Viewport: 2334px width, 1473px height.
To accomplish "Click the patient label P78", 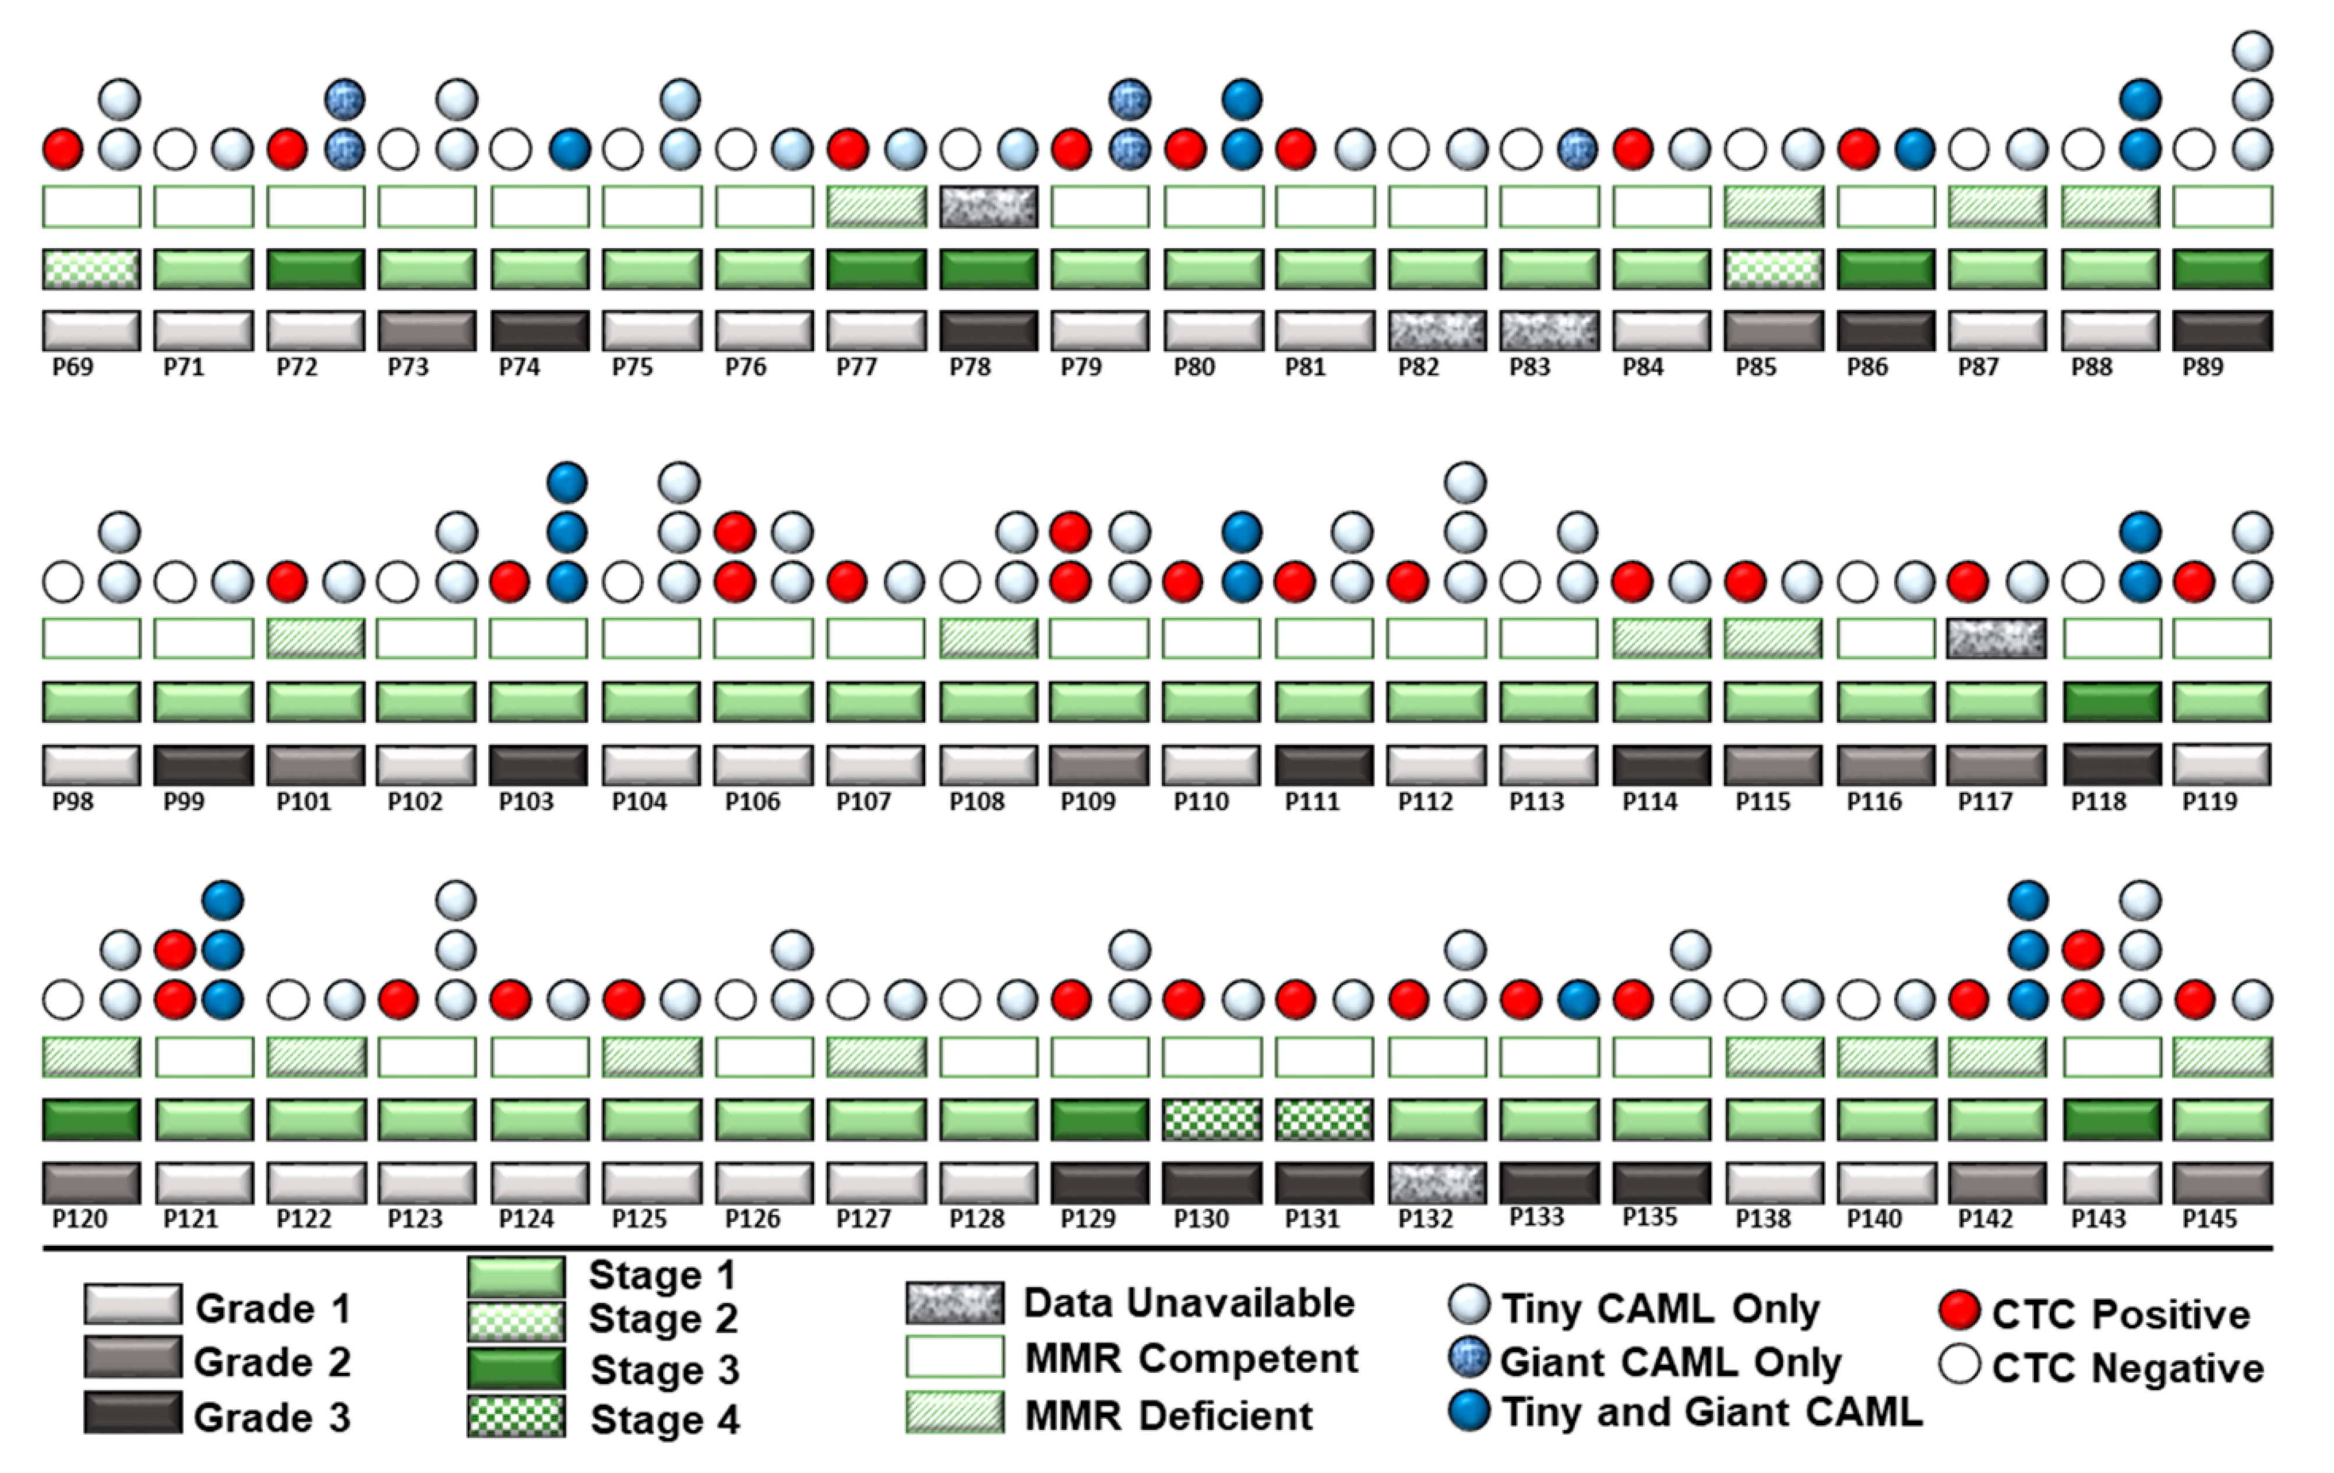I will tap(969, 368).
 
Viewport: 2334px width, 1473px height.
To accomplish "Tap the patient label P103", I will tap(526, 801).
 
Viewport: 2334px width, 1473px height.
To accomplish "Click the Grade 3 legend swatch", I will tap(133, 1413).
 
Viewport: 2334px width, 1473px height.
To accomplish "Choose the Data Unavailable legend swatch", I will tap(955, 1304).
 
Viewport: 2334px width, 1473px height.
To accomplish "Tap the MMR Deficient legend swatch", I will tap(955, 1413).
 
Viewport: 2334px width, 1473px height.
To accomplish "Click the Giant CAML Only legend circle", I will tap(1468, 1359).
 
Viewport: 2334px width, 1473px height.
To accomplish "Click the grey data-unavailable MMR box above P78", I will tap(989, 206).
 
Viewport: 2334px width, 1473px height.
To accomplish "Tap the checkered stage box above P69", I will tap(91, 270).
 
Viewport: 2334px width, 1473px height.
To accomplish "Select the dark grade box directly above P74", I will tap(540, 330).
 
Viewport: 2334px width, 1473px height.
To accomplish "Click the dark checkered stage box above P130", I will tap(1212, 1119).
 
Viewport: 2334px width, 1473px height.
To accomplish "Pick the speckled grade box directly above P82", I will tap(1436, 330).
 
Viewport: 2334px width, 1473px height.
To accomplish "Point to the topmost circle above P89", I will tap(2252, 51).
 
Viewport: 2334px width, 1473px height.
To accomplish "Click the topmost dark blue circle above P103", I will tap(567, 482).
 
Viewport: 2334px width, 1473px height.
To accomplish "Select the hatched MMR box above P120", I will tap(91, 1057).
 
